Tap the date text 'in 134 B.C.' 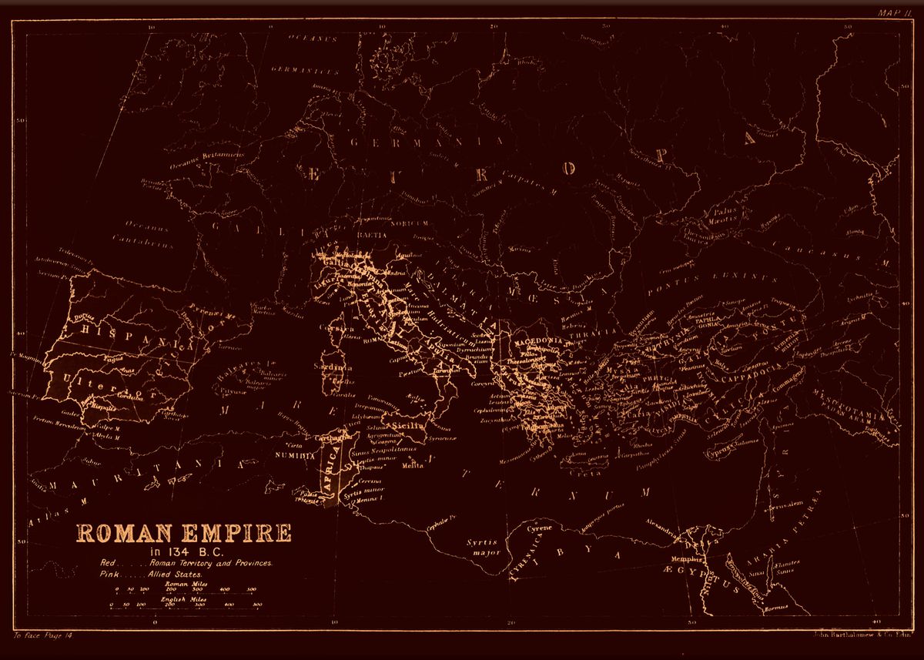[183, 551]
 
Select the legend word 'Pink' [109, 575]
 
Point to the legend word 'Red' [109, 563]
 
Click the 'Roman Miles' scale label [183, 584]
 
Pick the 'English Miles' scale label [182, 598]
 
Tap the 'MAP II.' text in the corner [892, 13]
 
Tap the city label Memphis [684, 558]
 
